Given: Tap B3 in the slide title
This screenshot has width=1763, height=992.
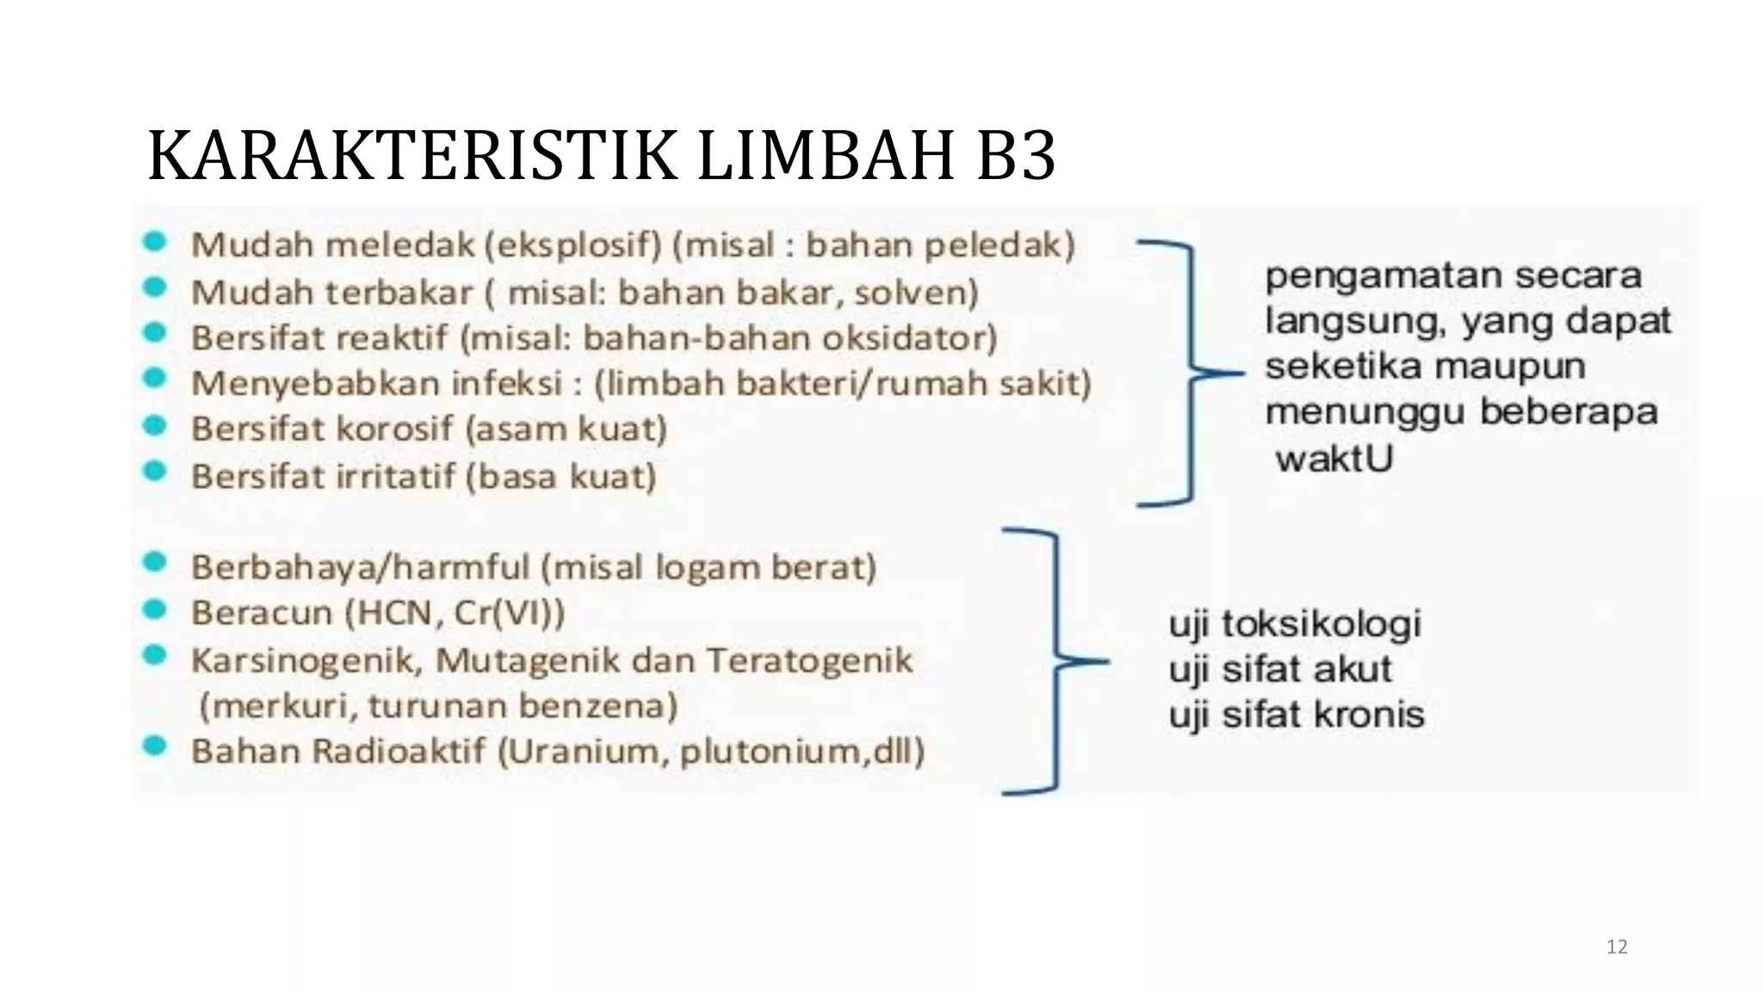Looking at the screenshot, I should (x=1016, y=156).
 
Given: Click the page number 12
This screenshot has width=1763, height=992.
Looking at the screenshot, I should (x=1617, y=947).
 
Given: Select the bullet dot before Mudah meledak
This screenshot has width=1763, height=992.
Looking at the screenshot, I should (x=155, y=242).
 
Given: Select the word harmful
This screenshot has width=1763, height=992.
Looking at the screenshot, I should (x=468, y=567).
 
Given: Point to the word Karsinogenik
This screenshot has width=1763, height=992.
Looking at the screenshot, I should (x=306, y=660).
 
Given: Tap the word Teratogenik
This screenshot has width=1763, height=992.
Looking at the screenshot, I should (x=809, y=660).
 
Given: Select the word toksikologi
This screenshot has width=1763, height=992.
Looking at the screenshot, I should (x=1321, y=623).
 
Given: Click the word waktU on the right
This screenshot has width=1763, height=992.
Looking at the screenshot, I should (x=1334, y=458).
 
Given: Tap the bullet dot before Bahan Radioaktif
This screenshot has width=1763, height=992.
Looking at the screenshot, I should (x=155, y=747).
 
